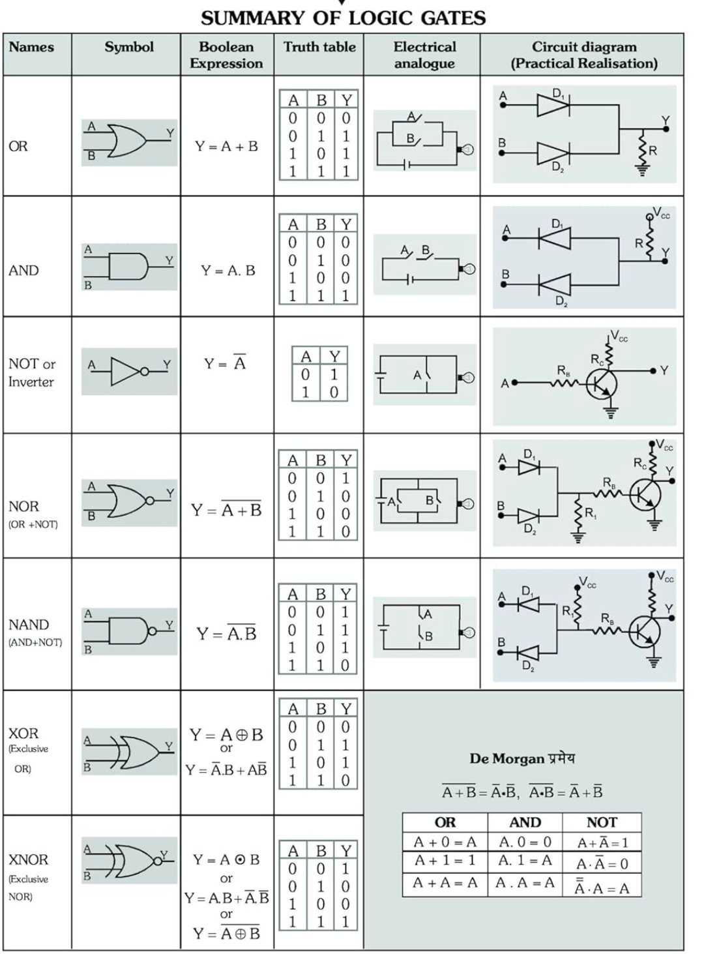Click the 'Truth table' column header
coord(319,47)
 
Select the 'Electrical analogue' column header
coord(424,55)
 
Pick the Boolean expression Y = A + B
coord(227,146)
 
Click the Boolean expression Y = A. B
coord(228,271)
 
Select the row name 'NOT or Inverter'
coord(31,372)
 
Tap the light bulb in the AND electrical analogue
coord(467,269)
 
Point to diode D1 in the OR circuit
coord(553,105)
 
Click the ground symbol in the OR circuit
coord(643,171)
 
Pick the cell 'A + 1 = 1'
coord(445,860)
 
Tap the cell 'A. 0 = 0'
coord(525,842)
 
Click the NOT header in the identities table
coord(602,822)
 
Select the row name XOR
coord(23,733)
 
